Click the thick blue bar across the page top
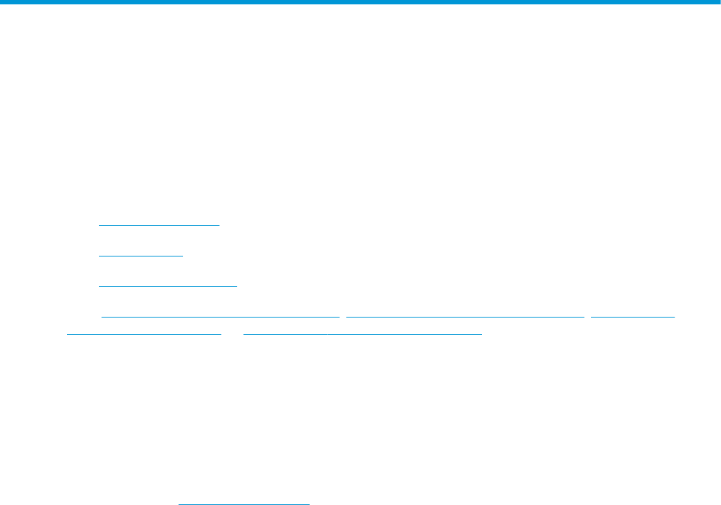(x=360, y=3)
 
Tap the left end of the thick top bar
(x=2, y=3)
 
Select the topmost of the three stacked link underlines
(x=158, y=225)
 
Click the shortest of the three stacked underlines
(x=141, y=256)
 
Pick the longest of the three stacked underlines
(x=168, y=286)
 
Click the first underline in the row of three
(x=220, y=317)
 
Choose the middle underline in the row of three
(x=465, y=317)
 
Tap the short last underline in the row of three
(x=633, y=317)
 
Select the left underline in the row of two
(x=143, y=334)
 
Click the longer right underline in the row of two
(x=363, y=334)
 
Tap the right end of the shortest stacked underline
(x=184, y=256)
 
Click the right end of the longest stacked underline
(x=237, y=286)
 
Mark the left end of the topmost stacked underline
(x=99, y=225)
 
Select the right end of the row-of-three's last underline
(x=675, y=317)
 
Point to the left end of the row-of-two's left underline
(x=67, y=334)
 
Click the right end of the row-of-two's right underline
(x=482, y=334)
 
